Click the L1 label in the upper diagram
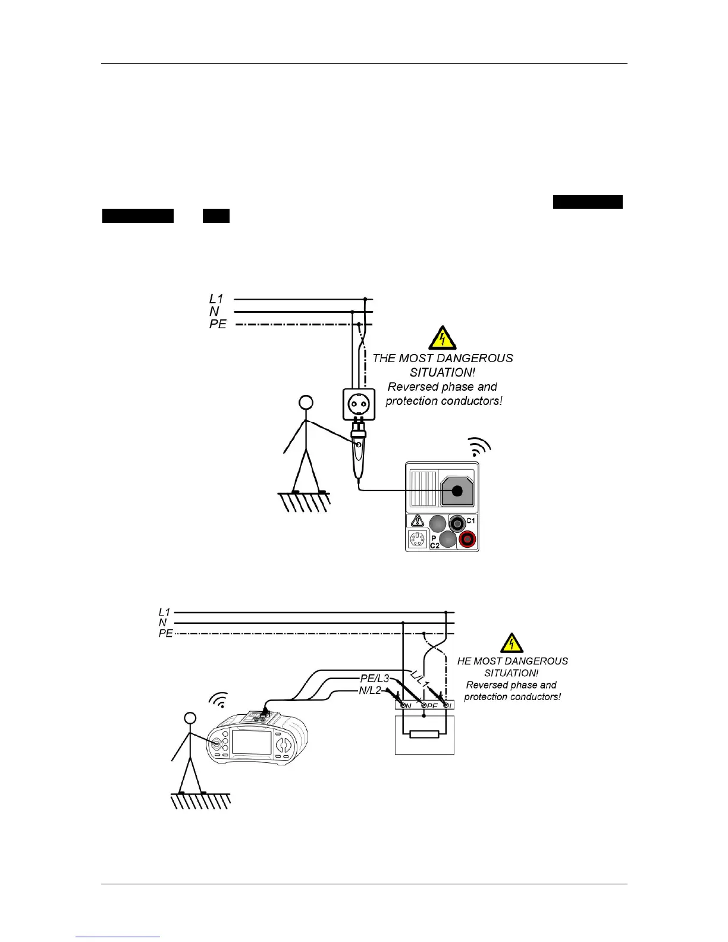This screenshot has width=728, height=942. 216,299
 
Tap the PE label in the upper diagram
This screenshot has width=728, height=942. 218,325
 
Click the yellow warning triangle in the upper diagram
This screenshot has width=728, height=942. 442,338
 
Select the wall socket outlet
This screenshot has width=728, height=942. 359,404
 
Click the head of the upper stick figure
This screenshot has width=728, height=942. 306,403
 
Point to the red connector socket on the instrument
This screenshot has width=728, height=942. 467,539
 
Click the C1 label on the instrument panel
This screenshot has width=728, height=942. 470,520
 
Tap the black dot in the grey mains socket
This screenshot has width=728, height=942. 457,491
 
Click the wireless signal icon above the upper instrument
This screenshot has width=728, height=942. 479,447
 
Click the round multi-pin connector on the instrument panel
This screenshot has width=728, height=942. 417,540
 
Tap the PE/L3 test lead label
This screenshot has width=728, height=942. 375,679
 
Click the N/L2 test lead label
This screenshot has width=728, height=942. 370,691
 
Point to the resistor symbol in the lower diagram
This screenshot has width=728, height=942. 424,734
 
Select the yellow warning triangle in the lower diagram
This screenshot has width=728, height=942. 512,643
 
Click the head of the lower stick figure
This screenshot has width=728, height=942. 190,718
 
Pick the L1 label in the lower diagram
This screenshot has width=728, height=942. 165,612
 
